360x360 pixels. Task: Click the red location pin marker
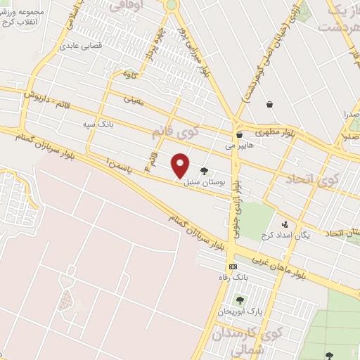(181, 165)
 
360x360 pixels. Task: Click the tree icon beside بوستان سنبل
(205, 171)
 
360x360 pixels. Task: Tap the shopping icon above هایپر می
(239, 135)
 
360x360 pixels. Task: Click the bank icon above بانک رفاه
(233, 267)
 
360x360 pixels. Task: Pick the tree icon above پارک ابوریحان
(240, 300)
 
